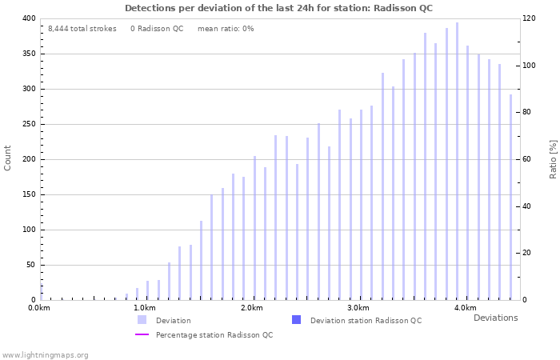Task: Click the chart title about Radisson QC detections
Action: (x=278, y=8)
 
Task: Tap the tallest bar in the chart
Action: (x=457, y=160)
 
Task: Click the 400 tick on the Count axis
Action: (x=28, y=18)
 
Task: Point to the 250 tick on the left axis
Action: (x=28, y=124)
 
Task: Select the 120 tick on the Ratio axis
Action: (x=529, y=18)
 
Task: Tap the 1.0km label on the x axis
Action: (x=144, y=308)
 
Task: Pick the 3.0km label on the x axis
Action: (x=358, y=308)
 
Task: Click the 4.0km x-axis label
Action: (x=465, y=308)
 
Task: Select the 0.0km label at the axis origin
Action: (x=38, y=308)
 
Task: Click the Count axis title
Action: (x=8, y=158)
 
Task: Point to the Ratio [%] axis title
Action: (x=553, y=158)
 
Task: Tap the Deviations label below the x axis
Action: (x=495, y=318)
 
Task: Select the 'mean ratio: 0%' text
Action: (x=225, y=29)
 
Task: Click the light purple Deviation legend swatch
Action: (x=142, y=320)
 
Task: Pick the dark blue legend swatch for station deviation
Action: (x=296, y=320)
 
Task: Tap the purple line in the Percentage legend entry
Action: (x=142, y=334)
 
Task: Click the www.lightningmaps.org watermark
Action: (x=46, y=354)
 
